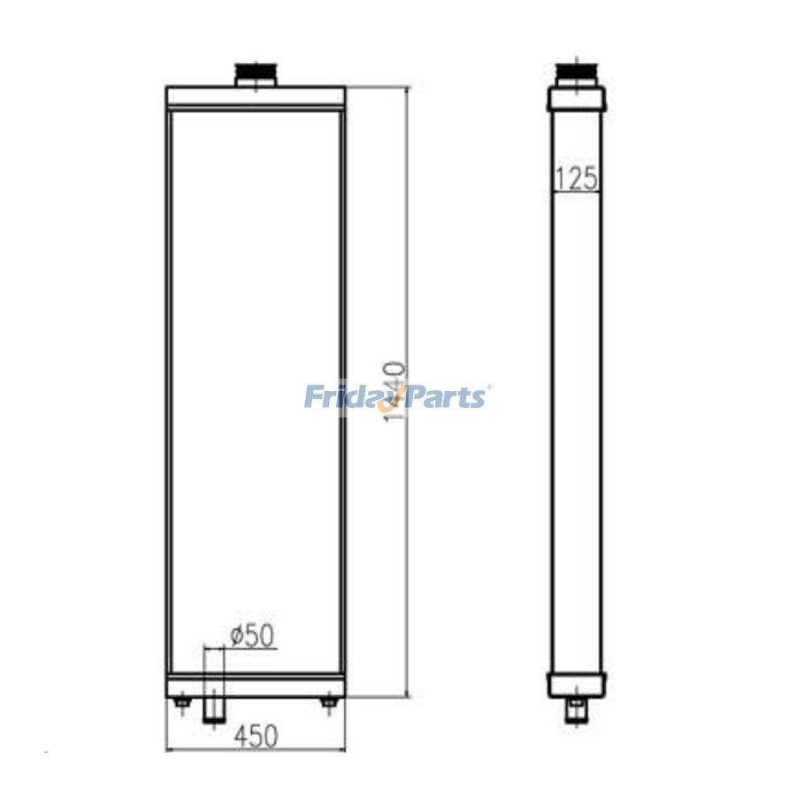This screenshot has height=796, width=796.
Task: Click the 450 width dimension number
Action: tap(255, 735)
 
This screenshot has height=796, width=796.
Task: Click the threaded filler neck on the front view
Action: tap(256, 74)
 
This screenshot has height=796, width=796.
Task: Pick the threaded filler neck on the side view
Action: tap(576, 73)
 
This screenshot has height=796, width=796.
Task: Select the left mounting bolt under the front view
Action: tap(182, 703)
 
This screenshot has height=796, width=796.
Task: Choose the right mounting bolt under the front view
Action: tap(328, 703)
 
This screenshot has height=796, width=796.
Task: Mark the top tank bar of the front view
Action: tap(256, 96)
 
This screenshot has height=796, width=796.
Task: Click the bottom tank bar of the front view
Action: tap(256, 686)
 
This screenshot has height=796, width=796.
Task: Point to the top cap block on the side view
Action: tap(576, 96)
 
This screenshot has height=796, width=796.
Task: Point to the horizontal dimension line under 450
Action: tap(256, 751)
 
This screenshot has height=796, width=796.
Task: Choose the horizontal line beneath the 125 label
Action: tap(576, 192)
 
